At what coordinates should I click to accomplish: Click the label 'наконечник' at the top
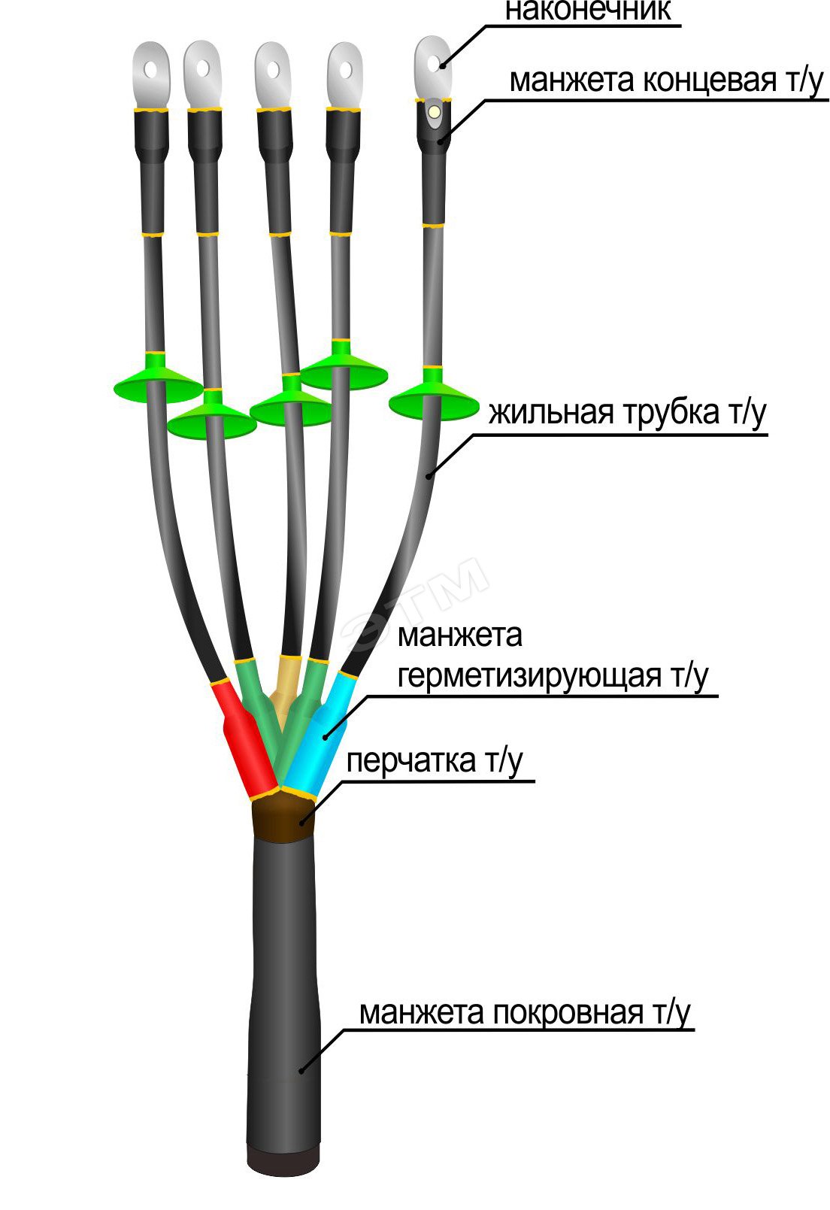587,11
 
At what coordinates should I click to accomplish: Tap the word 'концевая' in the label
708,80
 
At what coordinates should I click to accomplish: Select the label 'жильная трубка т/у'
627,413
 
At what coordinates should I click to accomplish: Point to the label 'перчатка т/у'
434,761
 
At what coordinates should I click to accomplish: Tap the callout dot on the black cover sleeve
301,1071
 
